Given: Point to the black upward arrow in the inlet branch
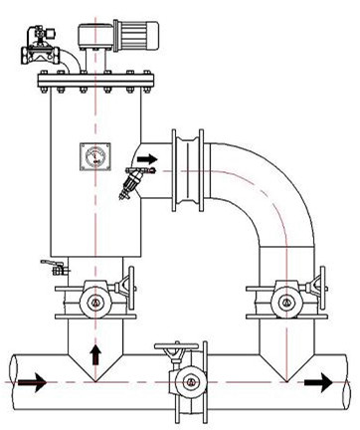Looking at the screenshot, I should click(95, 352).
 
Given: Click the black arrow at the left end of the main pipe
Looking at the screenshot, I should click(31, 381).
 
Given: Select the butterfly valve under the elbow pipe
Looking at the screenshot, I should click(287, 296).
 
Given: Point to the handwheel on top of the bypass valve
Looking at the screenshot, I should click(175, 348).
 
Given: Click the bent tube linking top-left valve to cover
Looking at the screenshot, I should click(68, 60).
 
